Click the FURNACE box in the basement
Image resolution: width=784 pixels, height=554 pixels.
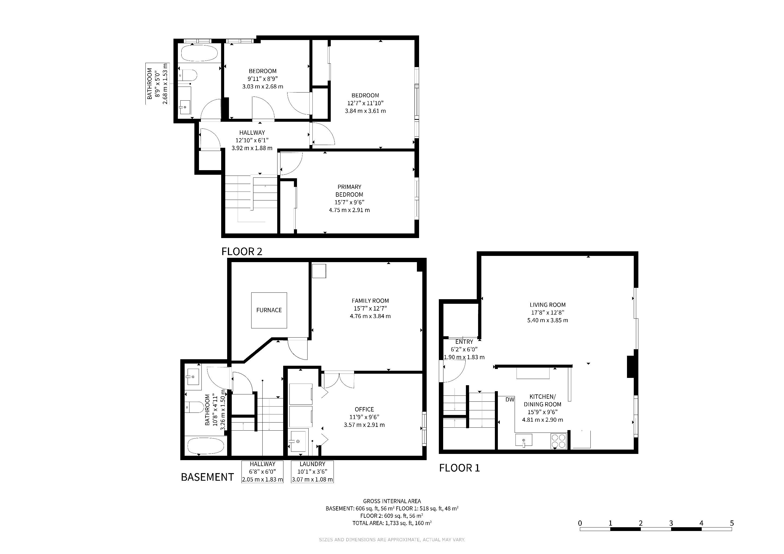click(x=269, y=310)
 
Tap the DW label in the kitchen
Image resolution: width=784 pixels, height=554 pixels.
click(x=510, y=400)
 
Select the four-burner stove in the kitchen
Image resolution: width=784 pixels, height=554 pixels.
click(x=559, y=440)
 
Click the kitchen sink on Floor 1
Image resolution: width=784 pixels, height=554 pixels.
click(x=524, y=440)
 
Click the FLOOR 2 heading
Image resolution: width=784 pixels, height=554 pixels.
click(x=242, y=252)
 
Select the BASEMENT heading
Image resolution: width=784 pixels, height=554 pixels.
click(x=207, y=477)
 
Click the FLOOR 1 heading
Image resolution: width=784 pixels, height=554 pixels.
click(x=459, y=468)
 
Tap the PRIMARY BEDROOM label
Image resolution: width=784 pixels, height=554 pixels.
click(x=349, y=191)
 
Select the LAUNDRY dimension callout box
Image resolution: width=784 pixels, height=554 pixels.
click(x=312, y=472)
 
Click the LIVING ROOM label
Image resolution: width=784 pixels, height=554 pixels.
click(x=548, y=305)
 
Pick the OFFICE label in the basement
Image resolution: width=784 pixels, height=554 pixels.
click(x=364, y=409)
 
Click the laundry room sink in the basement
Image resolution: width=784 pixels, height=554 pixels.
click(x=298, y=442)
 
